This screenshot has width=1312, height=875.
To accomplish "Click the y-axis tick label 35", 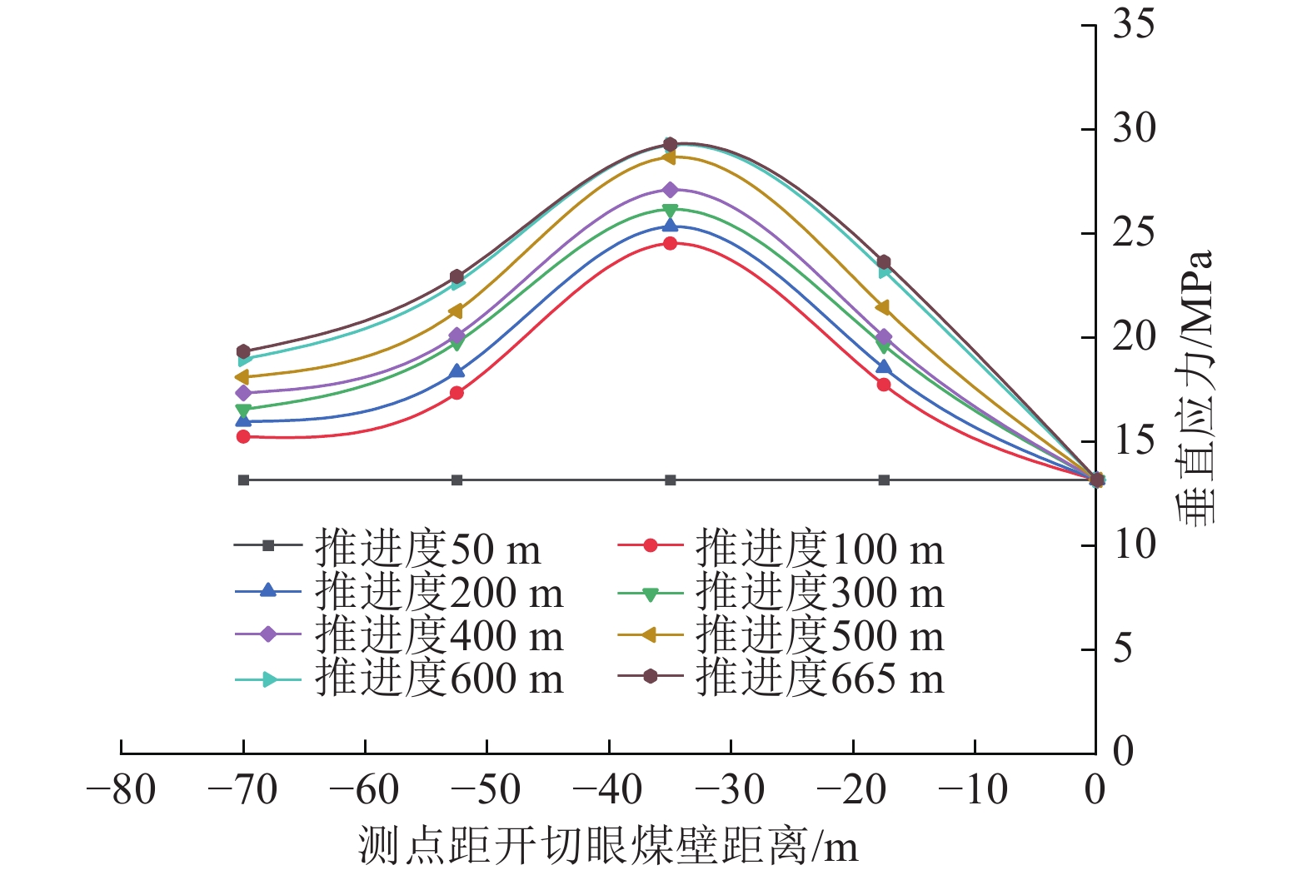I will (x=1134, y=25).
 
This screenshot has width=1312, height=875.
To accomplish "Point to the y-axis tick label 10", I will (x=1134, y=544).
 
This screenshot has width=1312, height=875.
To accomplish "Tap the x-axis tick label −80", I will (x=122, y=790).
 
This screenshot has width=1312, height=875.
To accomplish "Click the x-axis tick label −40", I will (x=609, y=790).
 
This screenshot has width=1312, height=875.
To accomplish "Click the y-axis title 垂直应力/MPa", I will (x=1196, y=387).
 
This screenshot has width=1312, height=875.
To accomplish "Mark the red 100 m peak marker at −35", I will (x=670, y=243).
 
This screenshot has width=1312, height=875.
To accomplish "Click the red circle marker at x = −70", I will (x=243, y=436).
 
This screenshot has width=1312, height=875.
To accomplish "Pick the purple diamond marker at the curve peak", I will (x=670, y=190).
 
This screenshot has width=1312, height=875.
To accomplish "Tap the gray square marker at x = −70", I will (x=243, y=480).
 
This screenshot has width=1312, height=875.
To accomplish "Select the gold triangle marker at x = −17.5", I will (x=883, y=308).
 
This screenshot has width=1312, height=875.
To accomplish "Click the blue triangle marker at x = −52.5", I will (x=456, y=371).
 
